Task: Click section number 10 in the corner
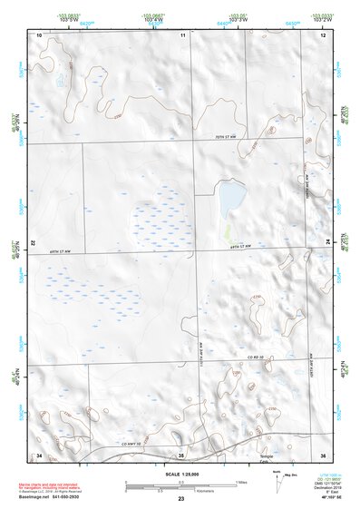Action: [x=39, y=34]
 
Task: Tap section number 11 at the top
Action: [x=182, y=34]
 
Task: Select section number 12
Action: [x=323, y=34]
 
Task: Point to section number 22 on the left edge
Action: [x=34, y=244]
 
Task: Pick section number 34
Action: [x=39, y=454]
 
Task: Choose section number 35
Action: [x=181, y=454]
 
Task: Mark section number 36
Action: [x=323, y=454]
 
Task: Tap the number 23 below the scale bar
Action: [x=181, y=500]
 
